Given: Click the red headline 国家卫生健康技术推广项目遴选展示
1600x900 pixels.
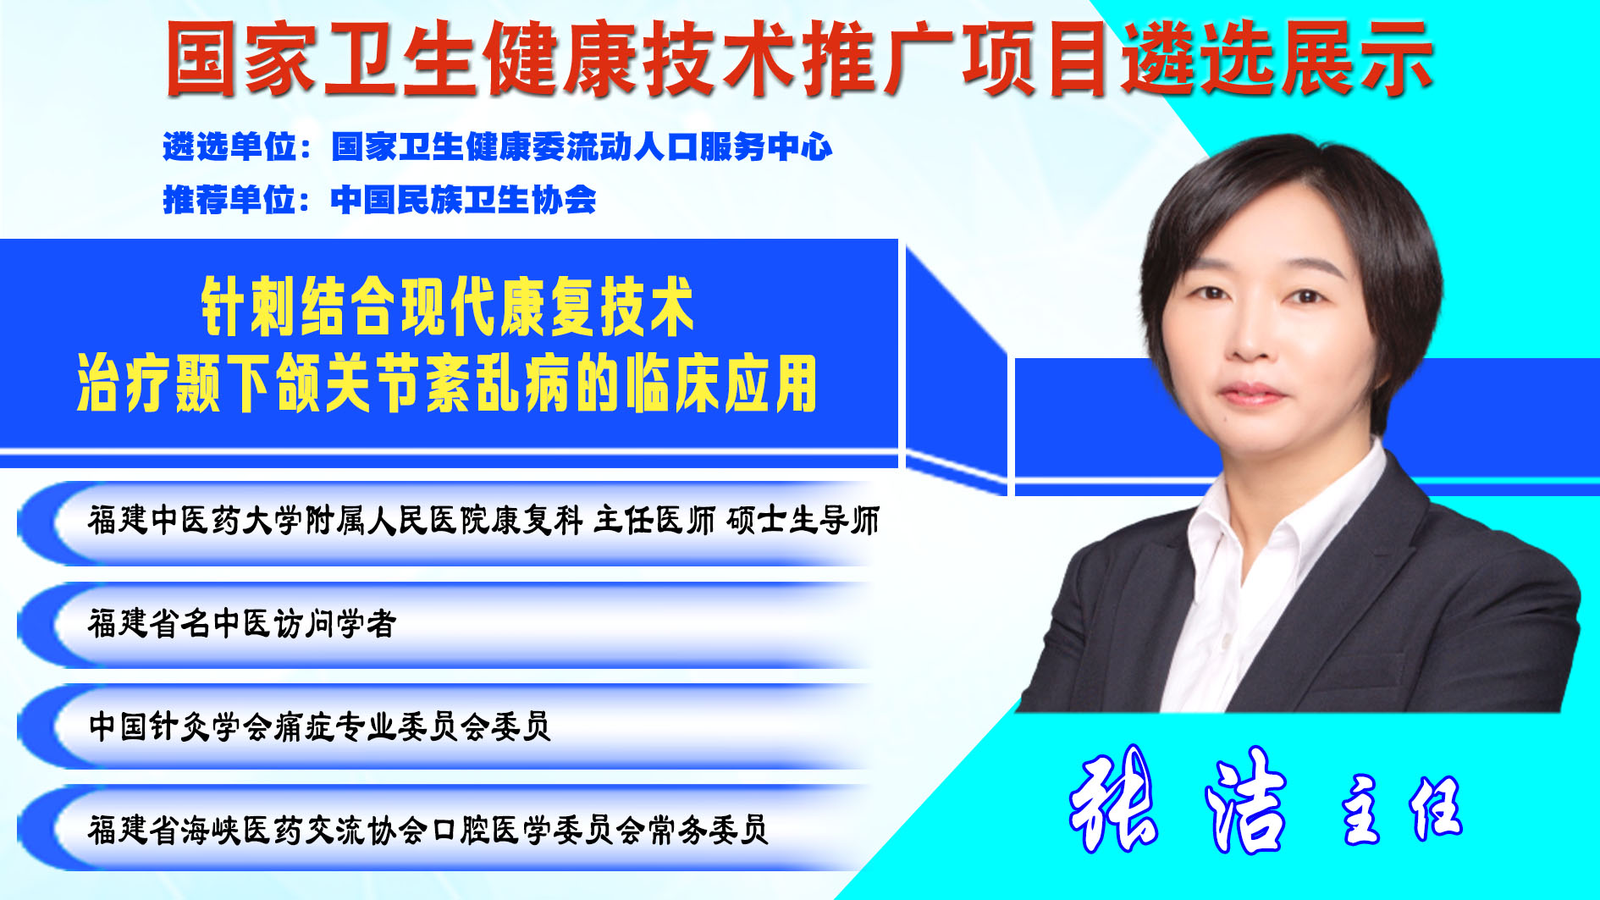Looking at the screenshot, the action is coord(799,58).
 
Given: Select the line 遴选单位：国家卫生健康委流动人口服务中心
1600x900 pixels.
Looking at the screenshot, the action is coord(498,147).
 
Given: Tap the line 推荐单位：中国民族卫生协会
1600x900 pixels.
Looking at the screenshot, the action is coord(379,200).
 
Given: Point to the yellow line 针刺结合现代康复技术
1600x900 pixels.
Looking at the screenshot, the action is coord(448,306).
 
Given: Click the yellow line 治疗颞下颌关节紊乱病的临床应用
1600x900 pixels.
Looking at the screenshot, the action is coord(447,384).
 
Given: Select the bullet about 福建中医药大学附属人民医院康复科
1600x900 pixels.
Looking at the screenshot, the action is coord(483,520).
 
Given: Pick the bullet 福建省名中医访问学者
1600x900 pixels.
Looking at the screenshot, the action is coord(242,623).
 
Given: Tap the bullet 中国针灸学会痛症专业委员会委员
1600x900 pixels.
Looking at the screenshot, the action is coord(320,726).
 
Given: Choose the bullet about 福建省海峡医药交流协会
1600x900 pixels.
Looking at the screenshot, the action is coord(428,830).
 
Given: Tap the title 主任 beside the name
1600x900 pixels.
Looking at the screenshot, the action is coord(1402,809).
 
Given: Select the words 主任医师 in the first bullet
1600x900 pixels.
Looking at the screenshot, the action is coord(654,520).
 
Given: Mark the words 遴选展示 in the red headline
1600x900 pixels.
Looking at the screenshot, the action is coord(1277,58).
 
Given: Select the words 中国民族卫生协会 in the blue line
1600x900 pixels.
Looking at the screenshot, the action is coord(464,200).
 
